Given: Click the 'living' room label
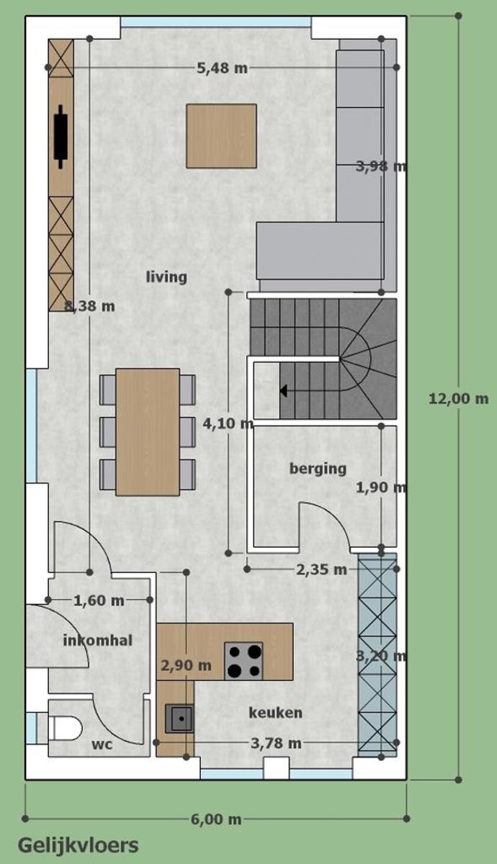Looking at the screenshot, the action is (166, 277).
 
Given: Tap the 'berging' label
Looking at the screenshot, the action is (318, 469).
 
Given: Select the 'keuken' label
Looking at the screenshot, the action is (275, 713).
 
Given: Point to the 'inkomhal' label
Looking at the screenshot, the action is (98, 640).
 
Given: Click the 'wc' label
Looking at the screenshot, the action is (102, 744).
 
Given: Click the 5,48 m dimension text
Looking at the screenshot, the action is (223, 68).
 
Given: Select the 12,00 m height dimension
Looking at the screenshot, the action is (458, 398).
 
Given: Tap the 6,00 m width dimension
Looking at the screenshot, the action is (216, 819).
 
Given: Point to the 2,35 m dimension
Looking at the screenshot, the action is (321, 570).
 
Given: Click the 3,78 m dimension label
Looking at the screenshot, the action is (276, 743).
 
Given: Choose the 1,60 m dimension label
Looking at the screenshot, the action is (99, 600).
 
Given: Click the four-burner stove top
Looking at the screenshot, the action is (243, 661).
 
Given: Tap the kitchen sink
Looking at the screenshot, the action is (179, 719).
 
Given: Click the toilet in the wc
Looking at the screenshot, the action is (66, 729).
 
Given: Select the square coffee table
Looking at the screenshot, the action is (222, 136).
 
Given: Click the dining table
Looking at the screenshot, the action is (148, 432).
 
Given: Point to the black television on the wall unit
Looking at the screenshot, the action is (61, 137).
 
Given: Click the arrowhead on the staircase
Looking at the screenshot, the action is (284, 391).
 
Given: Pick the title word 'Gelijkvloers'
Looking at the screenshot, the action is (79, 845).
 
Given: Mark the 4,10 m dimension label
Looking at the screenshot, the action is (228, 423).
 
